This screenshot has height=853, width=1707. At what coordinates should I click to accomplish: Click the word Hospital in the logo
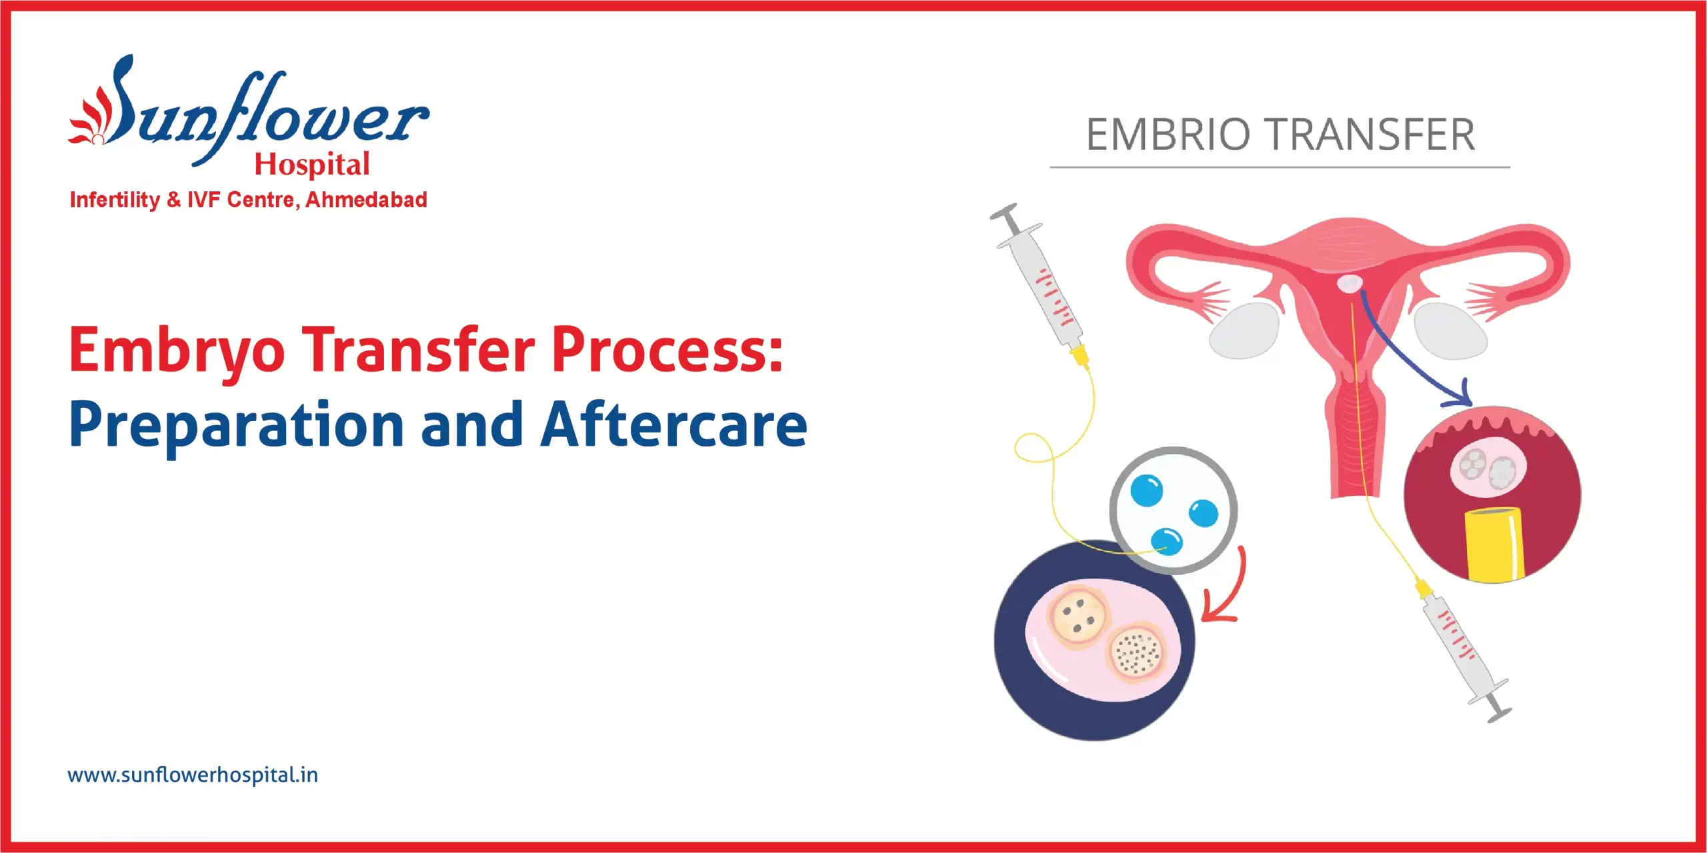pyautogui.click(x=312, y=165)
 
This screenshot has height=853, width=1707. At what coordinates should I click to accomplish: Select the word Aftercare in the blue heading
pyautogui.click(x=673, y=425)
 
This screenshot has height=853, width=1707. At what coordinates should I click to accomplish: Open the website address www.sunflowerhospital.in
pyautogui.click(x=193, y=775)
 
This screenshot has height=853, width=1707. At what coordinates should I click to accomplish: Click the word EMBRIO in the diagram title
pyautogui.click(x=1168, y=135)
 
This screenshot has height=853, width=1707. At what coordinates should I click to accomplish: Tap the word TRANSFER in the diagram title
pyautogui.click(x=1370, y=135)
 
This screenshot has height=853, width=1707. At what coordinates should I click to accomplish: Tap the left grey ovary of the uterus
pyautogui.click(x=1244, y=331)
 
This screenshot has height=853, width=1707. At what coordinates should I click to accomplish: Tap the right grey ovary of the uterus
pyautogui.click(x=1451, y=331)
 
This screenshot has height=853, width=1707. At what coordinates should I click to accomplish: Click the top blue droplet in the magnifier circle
pyautogui.click(x=1147, y=490)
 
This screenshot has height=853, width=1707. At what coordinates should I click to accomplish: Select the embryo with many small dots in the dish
pyautogui.click(x=1138, y=652)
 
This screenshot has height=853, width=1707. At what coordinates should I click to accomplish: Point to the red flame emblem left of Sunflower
pyautogui.click(x=90, y=120)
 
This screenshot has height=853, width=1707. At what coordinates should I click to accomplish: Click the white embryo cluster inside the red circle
pyautogui.click(x=1487, y=466)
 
